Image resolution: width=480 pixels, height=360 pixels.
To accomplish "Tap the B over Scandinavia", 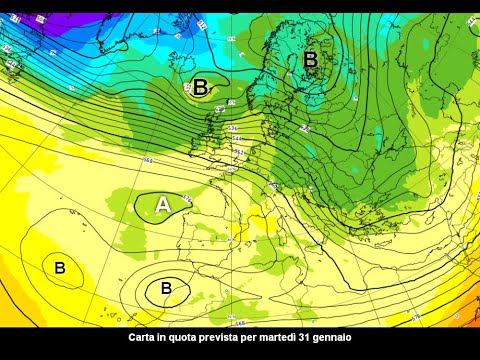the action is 310,60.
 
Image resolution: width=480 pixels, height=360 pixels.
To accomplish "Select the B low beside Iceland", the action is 200,87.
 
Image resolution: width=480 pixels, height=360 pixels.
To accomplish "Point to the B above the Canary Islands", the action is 166,288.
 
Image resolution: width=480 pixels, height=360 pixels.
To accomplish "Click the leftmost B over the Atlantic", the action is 60,267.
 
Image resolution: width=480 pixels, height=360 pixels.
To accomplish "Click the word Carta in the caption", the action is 144,339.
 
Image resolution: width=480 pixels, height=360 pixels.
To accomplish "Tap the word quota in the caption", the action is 189,339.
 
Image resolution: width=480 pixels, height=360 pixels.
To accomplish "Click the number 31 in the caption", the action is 318,339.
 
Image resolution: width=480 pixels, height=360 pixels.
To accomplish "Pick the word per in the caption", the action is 263,339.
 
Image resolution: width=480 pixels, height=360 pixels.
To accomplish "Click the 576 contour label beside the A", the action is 187,200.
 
